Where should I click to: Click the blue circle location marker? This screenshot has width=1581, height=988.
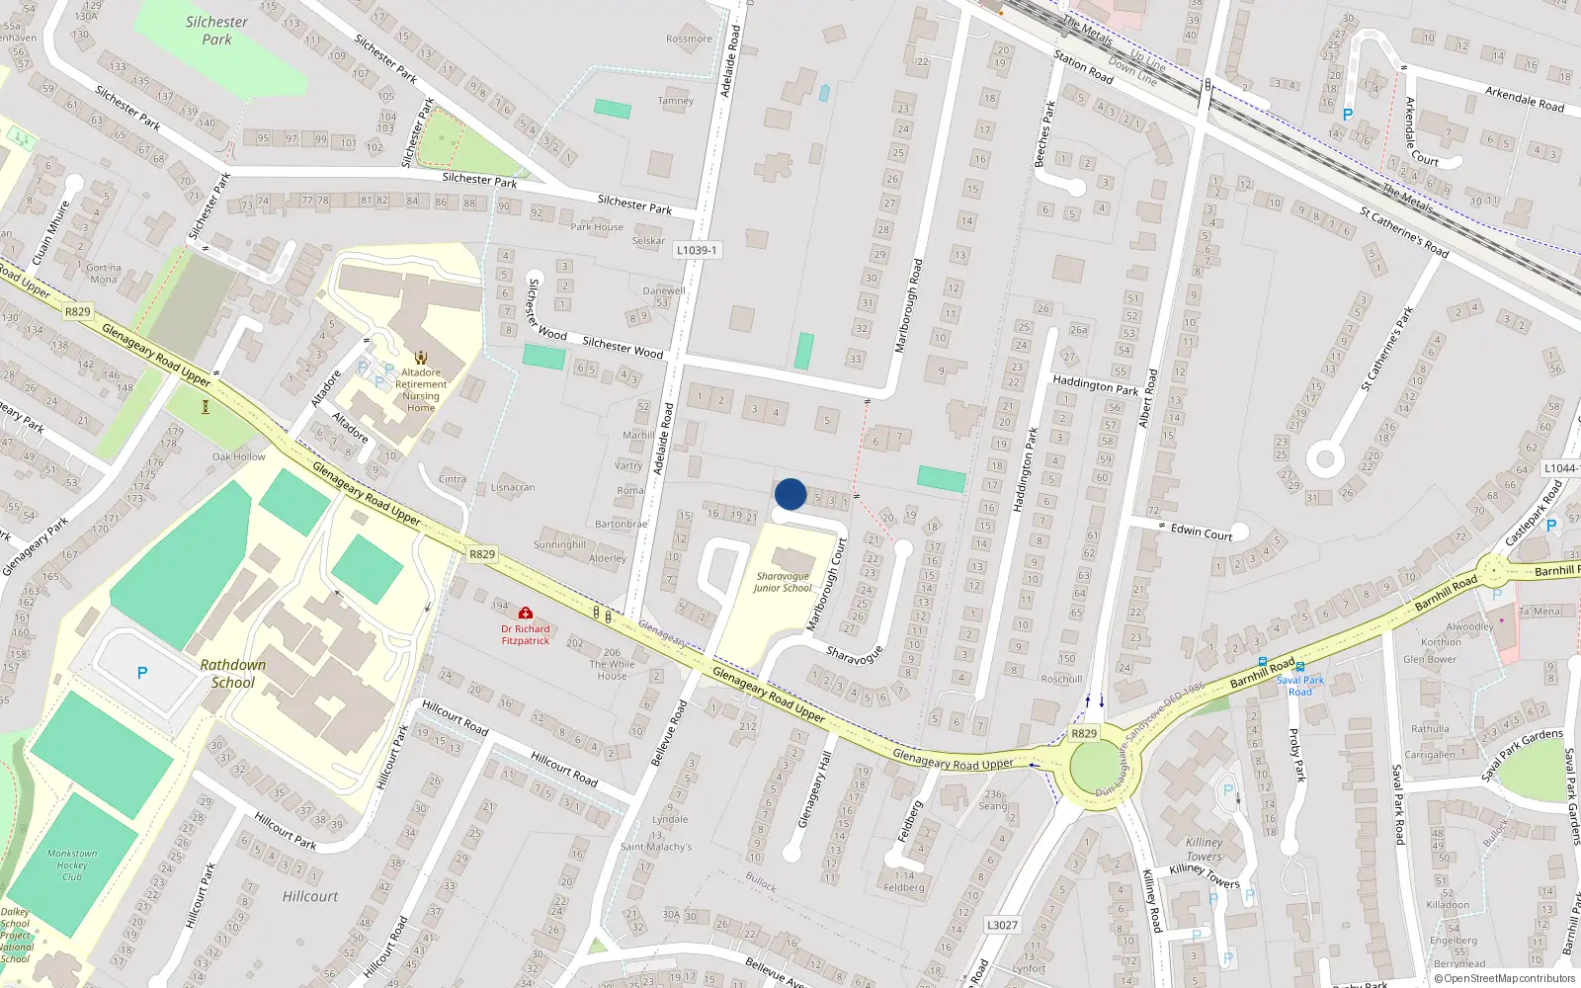click(x=790, y=494)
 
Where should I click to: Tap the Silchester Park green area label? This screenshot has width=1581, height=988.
click(x=216, y=31)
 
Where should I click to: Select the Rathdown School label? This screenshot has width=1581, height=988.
click(x=232, y=674)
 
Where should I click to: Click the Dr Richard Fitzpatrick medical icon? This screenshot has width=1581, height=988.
click(x=526, y=614)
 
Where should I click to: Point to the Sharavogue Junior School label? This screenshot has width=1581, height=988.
click(x=782, y=582)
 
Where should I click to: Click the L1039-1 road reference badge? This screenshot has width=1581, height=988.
click(x=697, y=251)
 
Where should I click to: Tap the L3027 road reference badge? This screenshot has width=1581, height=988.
click(x=1002, y=925)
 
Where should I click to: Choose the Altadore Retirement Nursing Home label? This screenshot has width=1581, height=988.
click(x=421, y=390)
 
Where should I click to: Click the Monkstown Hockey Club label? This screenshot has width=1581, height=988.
click(x=72, y=864)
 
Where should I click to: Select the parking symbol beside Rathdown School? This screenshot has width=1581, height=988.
click(x=142, y=673)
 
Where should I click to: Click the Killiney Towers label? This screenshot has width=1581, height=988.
click(x=1204, y=850)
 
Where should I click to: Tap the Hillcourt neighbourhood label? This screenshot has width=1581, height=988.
click(x=310, y=896)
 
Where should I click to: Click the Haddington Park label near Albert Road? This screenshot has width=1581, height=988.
click(x=1095, y=385)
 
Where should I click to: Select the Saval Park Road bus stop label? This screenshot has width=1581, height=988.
click(x=1299, y=686)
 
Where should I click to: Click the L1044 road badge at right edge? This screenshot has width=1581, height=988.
click(x=1560, y=468)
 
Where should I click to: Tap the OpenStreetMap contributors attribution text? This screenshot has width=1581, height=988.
click(x=1505, y=978)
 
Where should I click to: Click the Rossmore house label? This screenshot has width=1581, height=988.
click(x=689, y=40)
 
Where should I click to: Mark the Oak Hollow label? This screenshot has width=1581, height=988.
click(x=239, y=456)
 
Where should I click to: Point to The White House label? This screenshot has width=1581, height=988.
click(x=612, y=670)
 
